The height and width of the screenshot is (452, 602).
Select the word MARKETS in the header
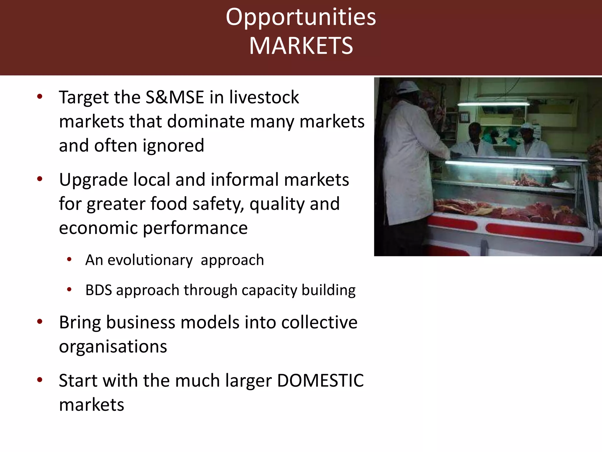tap(301, 46)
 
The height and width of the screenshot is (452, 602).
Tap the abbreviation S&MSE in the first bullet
tap(175, 97)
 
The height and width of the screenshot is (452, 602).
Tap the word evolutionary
tap(150, 260)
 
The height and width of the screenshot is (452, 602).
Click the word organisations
tap(113, 347)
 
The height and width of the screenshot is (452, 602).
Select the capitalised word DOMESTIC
tap(320, 380)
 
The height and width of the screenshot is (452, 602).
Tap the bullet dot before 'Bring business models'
tap(40, 322)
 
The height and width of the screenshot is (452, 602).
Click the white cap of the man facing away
tap(407, 87)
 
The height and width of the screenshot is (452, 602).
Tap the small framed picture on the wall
tap(464, 117)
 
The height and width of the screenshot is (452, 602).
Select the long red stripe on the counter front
tap(534, 232)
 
